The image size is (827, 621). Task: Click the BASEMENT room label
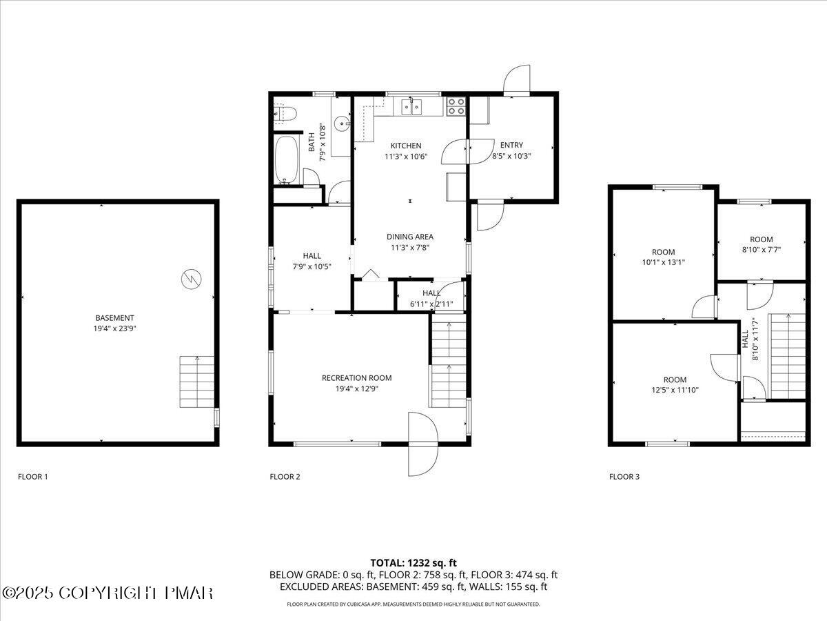[x=114, y=318]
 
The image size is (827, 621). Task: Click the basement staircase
[x=197, y=382]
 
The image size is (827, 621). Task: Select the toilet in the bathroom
[x=285, y=113]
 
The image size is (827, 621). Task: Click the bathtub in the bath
[x=287, y=160]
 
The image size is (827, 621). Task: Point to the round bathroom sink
[x=343, y=124]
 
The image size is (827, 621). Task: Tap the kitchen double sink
[x=412, y=106]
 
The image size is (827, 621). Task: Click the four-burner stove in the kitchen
[x=456, y=106]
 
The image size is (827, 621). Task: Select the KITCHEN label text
[x=406, y=146]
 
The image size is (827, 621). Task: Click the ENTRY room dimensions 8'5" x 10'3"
[x=511, y=156]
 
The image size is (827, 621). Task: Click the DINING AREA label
[x=409, y=237]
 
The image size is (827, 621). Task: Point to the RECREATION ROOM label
[x=356, y=377]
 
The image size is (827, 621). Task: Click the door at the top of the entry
[x=516, y=81]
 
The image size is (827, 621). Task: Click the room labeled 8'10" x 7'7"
[x=761, y=245]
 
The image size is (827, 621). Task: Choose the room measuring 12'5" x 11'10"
[x=675, y=384]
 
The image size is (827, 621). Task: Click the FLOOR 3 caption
[x=624, y=476]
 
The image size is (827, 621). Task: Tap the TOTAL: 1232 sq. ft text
[x=413, y=563]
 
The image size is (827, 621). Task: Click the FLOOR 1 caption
[x=32, y=476]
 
